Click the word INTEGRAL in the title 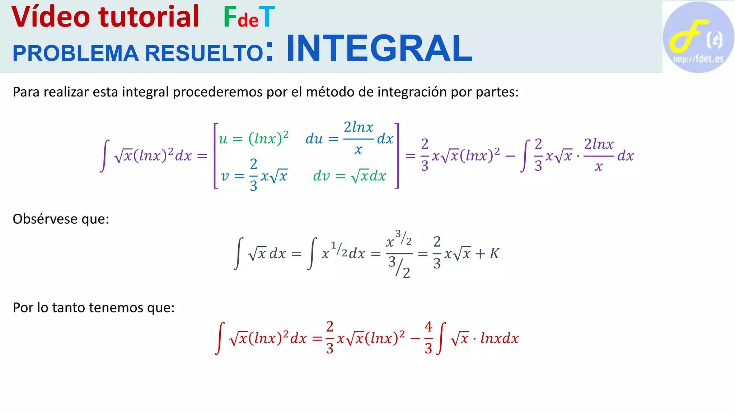tap(379, 49)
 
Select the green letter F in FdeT tap(230, 17)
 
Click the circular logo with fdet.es tap(698, 37)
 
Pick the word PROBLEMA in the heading tap(75, 53)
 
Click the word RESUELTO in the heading tap(204, 53)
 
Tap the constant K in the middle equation tap(494, 253)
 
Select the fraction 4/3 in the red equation tap(428, 337)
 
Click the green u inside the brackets tap(223, 139)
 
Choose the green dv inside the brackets tap(321, 176)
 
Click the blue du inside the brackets tap(314, 139)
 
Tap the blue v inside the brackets tap(225, 176)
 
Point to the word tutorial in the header tap(149, 17)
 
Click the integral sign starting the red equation tap(220, 338)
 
